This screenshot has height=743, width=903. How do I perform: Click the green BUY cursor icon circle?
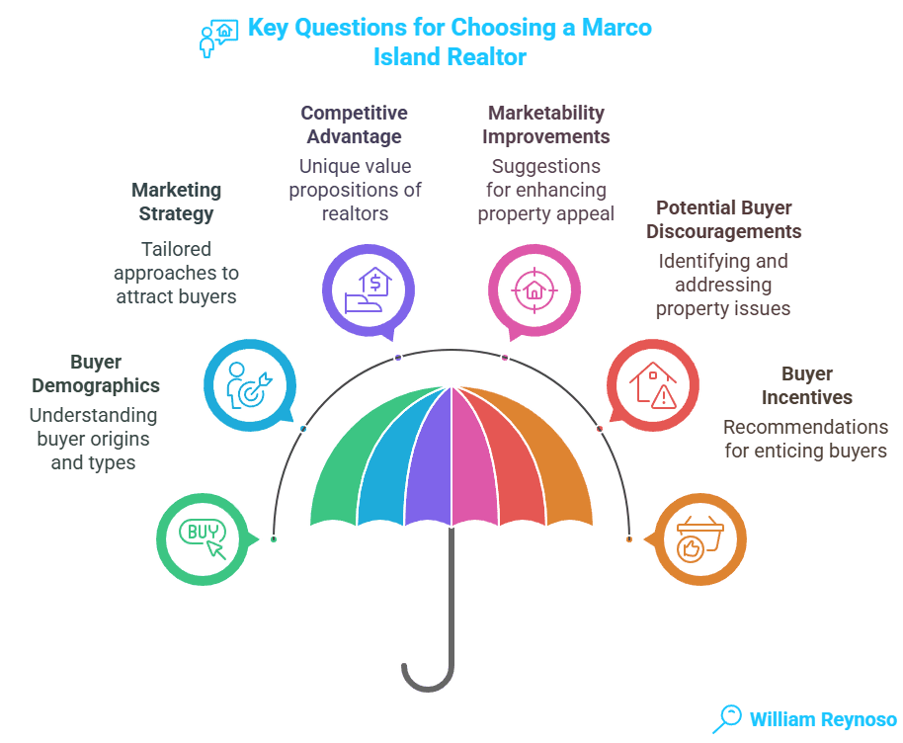click(203, 537)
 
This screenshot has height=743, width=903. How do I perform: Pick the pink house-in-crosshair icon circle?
click(533, 289)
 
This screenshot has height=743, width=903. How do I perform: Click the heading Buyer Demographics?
click(95, 373)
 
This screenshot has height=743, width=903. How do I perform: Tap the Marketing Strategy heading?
click(176, 201)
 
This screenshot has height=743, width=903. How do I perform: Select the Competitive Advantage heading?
click(354, 124)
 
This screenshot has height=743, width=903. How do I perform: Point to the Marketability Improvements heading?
click(546, 124)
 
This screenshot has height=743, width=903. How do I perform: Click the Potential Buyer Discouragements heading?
click(728, 219)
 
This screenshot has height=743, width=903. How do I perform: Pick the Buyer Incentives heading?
click(807, 385)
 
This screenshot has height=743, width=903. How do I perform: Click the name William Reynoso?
click(822, 719)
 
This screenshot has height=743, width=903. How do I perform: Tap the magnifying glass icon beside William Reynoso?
click(728, 716)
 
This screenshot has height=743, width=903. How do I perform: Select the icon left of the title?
click(218, 37)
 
